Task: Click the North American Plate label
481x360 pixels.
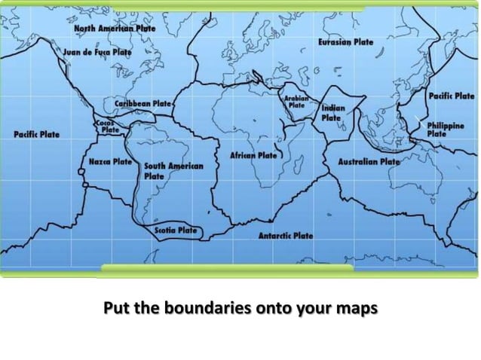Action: click(x=114, y=28)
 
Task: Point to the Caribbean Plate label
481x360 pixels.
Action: click(x=143, y=103)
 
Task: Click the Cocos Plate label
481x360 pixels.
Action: click(x=107, y=126)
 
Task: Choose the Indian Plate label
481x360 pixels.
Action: click(x=332, y=113)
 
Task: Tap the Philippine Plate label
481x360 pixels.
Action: click(x=446, y=130)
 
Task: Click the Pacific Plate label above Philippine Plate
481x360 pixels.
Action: click(x=451, y=96)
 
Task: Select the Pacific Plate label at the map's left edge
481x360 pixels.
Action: click(x=36, y=134)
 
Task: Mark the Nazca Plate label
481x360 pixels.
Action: click(x=110, y=162)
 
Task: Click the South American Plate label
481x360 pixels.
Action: click(x=173, y=170)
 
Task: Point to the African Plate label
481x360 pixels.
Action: click(x=254, y=156)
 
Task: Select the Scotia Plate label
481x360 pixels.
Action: click(x=176, y=230)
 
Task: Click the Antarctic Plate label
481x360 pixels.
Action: click(x=286, y=236)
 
